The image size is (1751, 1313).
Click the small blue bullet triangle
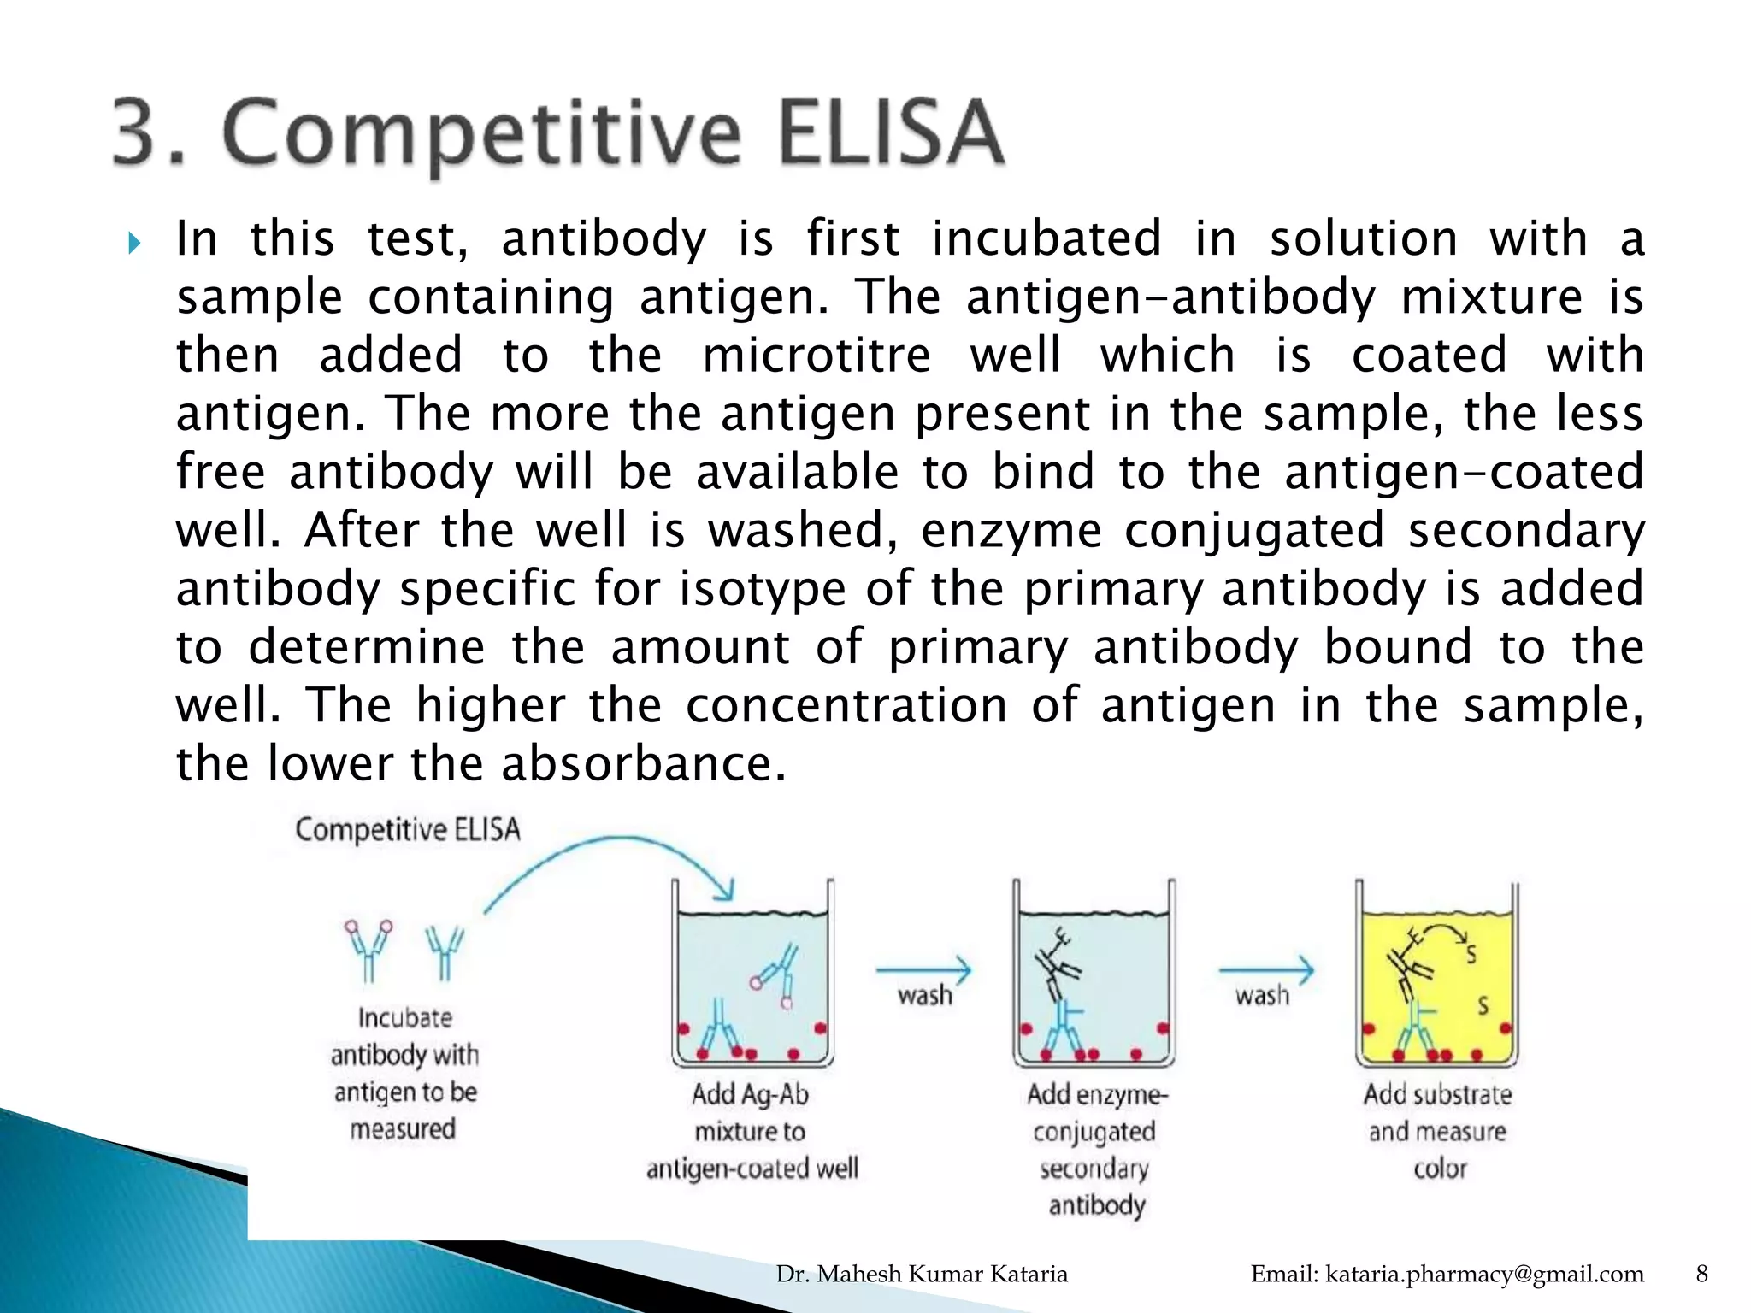point(134,244)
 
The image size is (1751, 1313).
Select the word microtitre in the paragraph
point(816,355)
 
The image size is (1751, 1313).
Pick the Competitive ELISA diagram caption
point(407,829)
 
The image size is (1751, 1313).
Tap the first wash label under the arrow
point(924,996)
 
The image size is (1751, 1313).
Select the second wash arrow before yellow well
point(1265,970)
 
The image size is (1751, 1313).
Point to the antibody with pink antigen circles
point(368,949)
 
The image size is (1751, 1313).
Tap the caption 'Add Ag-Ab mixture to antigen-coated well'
point(752,1131)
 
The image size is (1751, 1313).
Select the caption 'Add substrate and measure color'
point(1438,1131)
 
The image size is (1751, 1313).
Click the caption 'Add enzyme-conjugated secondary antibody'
point(1095,1149)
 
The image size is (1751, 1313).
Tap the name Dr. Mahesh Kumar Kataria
point(922,1275)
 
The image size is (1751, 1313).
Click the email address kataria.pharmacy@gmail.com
point(1447,1275)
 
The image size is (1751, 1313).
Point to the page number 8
point(1701,1275)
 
